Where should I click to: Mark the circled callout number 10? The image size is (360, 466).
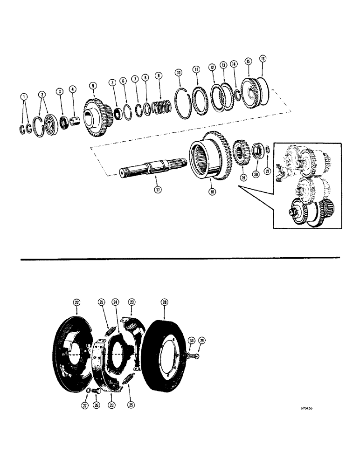coord(177,73)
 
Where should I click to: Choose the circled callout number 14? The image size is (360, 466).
coord(233,64)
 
